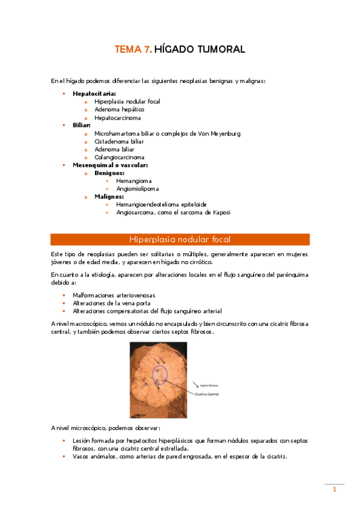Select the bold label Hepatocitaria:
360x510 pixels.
(x=94, y=94)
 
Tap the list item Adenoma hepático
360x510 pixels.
(x=119, y=109)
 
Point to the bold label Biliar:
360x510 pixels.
(x=82, y=126)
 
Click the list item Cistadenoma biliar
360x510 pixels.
(x=119, y=141)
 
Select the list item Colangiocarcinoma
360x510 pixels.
(x=120, y=157)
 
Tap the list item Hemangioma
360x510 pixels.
(x=134, y=180)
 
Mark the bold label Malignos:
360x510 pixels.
(x=109, y=196)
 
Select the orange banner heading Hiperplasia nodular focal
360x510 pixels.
(x=180, y=239)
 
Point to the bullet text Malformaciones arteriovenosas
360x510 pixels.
(x=114, y=295)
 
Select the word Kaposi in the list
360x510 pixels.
(x=219, y=212)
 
